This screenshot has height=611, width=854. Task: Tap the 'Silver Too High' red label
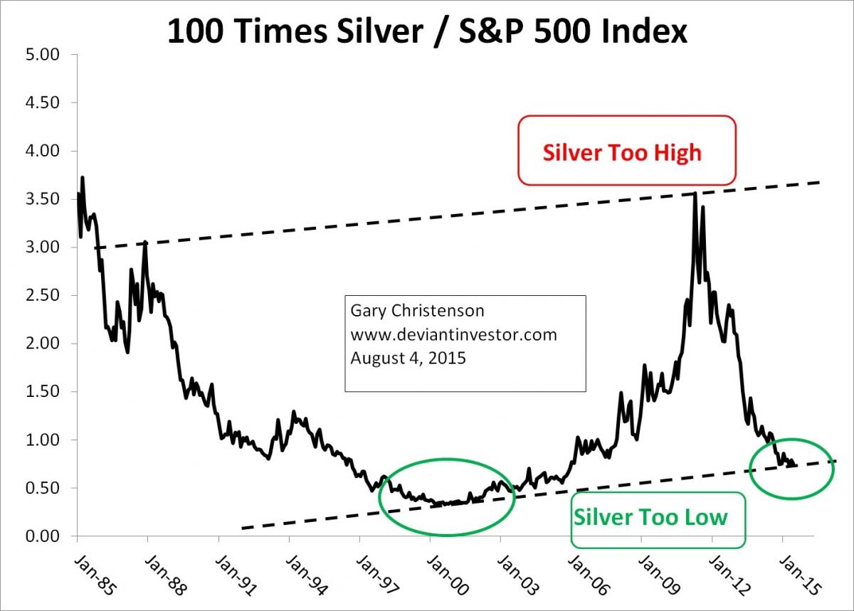621,152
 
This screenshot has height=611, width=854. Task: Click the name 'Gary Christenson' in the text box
407,312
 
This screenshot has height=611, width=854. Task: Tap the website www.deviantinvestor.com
453,334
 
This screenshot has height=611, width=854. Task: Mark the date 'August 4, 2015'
408,358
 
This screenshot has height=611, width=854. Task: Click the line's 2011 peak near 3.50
694,193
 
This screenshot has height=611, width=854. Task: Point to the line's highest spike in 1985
83,178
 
